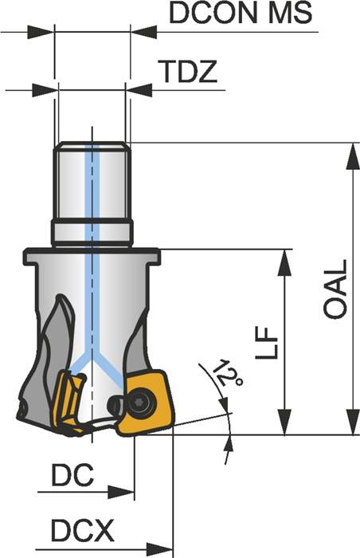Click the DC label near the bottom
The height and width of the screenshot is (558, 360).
(x=72, y=475)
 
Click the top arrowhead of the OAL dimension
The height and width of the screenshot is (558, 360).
(x=350, y=155)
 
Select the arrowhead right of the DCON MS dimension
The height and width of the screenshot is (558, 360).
(x=142, y=33)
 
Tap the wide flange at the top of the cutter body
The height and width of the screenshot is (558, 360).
(x=92, y=257)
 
